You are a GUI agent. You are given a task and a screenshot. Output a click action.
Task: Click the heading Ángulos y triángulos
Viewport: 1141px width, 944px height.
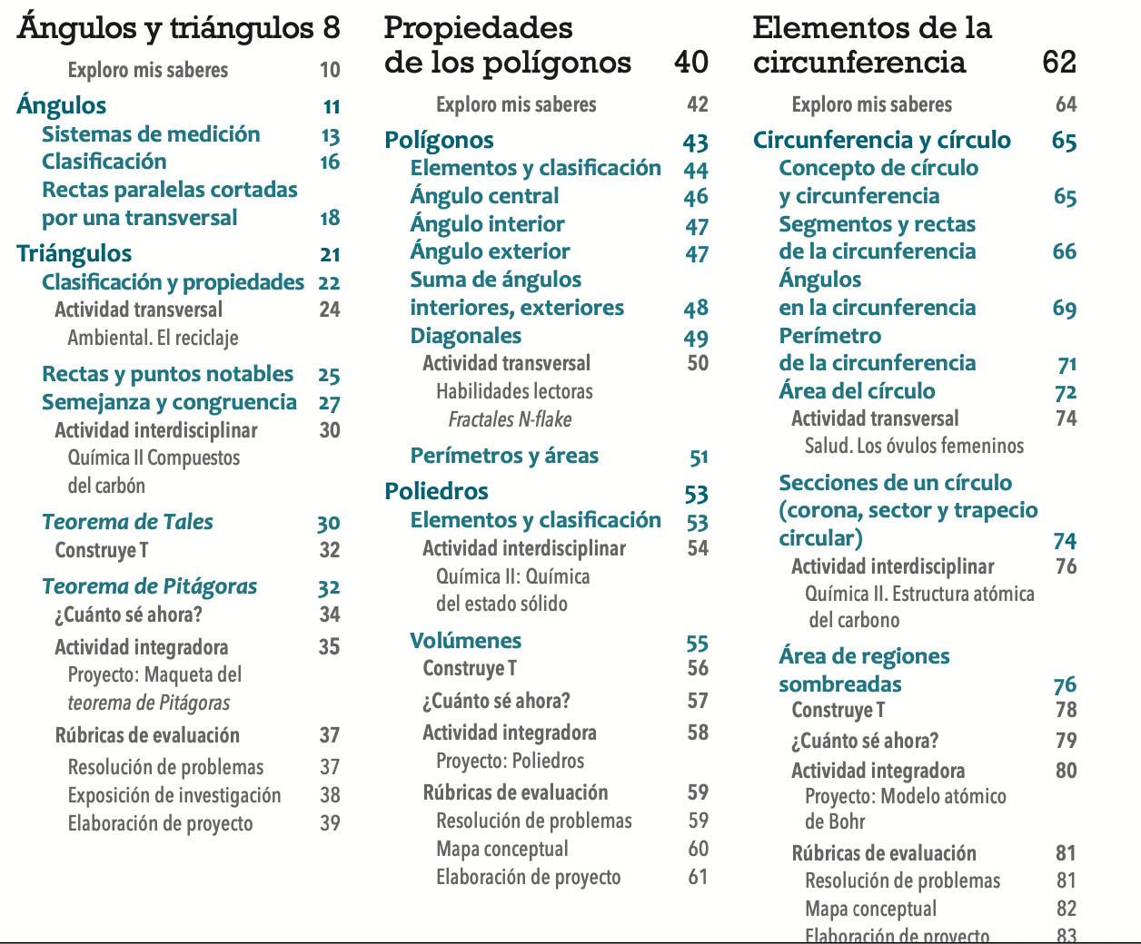click(x=165, y=27)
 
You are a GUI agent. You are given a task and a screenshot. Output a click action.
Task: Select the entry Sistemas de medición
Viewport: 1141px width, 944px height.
click(x=151, y=134)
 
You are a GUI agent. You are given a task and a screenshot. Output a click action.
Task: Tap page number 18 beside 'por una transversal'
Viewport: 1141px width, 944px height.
click(x=330, y=218)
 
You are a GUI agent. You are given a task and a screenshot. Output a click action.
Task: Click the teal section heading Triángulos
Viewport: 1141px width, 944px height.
click(x=74, y=253)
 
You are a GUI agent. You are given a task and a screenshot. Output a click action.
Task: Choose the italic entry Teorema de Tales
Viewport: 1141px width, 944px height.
click(x=127, y=522)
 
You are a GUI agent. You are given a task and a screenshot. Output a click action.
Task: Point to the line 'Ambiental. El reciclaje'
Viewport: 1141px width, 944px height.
click(x=153, y=338)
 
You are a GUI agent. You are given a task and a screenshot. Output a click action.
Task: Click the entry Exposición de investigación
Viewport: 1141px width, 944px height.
click(x=174, y=795)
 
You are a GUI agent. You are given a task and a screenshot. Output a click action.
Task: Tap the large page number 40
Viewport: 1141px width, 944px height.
click(x=691, y=62)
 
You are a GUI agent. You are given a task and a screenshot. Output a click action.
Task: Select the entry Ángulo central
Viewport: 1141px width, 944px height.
click(x=484, y=196)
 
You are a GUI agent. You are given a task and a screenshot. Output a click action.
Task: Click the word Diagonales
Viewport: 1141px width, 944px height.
click(x=466, y=336)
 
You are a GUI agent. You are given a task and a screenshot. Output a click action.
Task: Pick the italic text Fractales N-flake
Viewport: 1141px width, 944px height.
click(x=510, y=419)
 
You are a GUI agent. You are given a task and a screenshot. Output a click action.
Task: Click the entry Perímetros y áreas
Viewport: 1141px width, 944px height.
click(x=504, y=456)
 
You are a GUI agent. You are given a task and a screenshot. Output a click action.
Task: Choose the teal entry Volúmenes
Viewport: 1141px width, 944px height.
click(x=466, y=641)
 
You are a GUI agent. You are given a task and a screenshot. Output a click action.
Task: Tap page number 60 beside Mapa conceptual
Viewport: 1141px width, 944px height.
click(x=698, y=849)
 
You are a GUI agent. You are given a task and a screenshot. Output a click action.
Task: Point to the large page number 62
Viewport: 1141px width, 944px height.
click(x=1059, y=62)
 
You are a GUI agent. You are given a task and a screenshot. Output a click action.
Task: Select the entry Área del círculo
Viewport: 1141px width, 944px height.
click(x=857, y=391)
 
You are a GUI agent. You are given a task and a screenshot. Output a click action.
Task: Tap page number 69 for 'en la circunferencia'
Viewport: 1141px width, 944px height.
click(x=1065, y=309)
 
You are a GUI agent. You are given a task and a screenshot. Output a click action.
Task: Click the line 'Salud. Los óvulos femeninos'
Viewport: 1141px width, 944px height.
click(x=914, y=446)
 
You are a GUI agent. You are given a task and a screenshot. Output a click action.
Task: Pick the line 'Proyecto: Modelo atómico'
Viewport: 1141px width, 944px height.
click(x=906, y=796)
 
